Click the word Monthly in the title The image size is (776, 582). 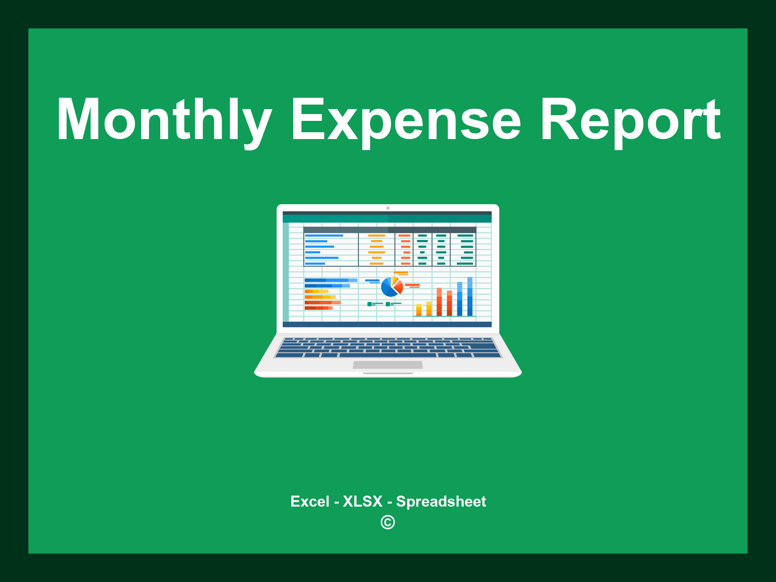point(164,120)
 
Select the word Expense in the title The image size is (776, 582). point(405,120)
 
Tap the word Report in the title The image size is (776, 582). point(630,120)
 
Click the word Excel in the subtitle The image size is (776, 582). point(310,501)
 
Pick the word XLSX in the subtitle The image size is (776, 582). point(363,501)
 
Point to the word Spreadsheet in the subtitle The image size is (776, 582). point(441,501)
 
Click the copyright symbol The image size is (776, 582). point(388,522)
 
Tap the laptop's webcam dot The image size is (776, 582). point(388,208)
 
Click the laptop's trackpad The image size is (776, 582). point(388,365)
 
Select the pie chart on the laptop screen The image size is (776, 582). point(391,287)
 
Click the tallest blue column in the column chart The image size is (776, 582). point(470,296)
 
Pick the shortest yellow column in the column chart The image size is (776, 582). point(419,310)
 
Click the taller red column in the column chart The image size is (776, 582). point(439,302)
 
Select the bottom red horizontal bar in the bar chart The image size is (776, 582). point(318,308)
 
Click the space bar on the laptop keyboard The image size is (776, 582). point(388,355)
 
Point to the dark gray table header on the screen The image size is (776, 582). point(390,230)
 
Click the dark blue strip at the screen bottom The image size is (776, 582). point(387,324)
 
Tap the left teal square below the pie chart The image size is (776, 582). point(369,304)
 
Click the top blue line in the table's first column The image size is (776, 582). point(324,236)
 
